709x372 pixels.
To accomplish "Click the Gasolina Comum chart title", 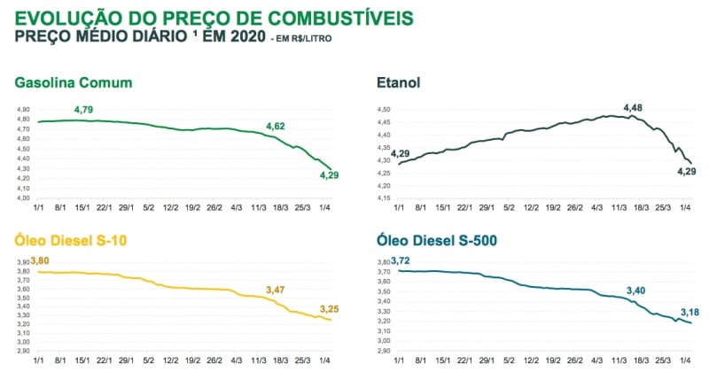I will pyautogui.click(x=74, y=83).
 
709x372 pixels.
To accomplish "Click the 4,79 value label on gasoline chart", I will pyautogui.click(x=84, y=109).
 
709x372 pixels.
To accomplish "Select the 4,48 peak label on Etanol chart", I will pyautogui.click(x=634, y=108).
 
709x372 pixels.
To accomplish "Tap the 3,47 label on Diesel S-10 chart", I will pyautogui.click(x=277, y=290).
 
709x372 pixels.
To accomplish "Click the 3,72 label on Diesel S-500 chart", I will pyautogui.click(x=401, y=260).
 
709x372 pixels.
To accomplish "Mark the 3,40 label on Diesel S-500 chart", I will pyautogui.click(x=636, y=290).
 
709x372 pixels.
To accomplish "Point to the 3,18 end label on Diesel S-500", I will pyautogui.click(x=690, y=312).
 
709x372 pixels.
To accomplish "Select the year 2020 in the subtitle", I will pyautogui.click(x=238, y=36).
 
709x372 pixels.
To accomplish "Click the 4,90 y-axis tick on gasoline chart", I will pyautogui.click(x=23, y=109).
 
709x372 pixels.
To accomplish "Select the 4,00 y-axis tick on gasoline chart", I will pyautogui.click(x=23, y=198).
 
